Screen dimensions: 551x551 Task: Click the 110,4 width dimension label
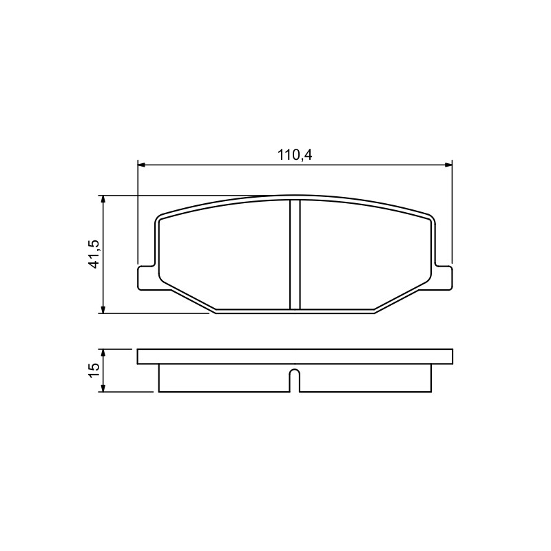point(295,154)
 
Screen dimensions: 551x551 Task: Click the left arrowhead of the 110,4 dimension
point(142,165)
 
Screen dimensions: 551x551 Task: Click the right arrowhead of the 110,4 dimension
point(448,165)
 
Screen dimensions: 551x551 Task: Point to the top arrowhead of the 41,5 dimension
point(103,199)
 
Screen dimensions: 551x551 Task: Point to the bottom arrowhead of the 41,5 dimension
point(103,309)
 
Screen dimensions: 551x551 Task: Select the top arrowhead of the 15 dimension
point(103,353)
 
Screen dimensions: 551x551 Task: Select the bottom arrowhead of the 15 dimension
point(103,388)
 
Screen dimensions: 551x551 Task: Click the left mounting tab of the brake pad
point(146,278)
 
